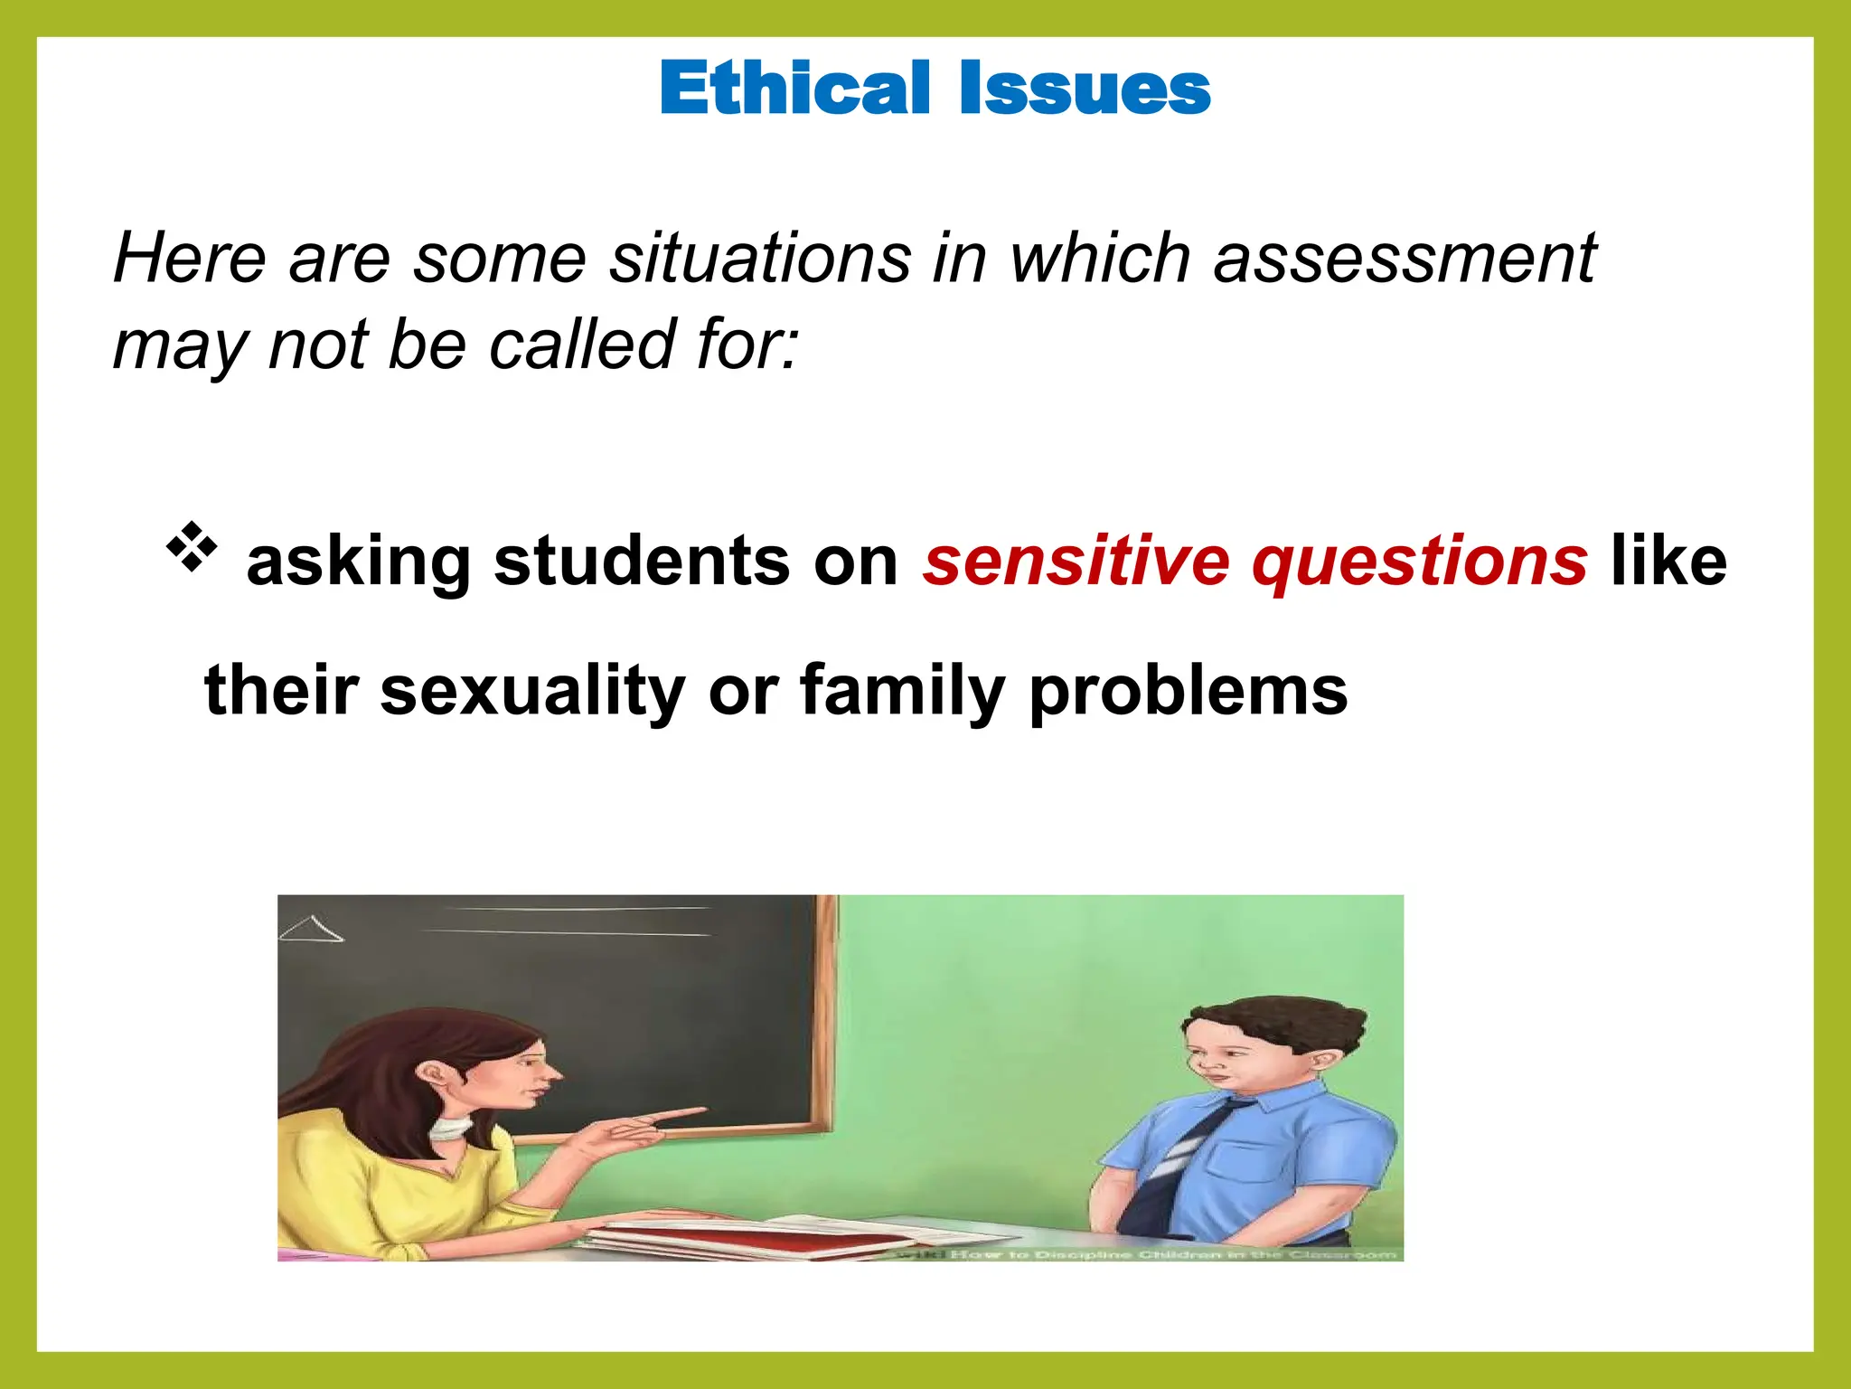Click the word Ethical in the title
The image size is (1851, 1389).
[794, 89]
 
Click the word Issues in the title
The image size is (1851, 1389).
[1085, 89]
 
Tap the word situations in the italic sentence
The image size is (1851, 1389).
[760, 259]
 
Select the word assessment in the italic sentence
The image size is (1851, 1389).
[1405, 259]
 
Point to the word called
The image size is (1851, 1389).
[583, 345]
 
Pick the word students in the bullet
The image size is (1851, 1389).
[642, 561]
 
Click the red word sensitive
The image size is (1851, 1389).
[1076, 561]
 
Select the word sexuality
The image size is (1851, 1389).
[533, 692]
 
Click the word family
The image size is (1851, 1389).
[902, 692]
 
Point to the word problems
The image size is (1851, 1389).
[1188, 692]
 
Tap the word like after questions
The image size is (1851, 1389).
[1668, 561]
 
